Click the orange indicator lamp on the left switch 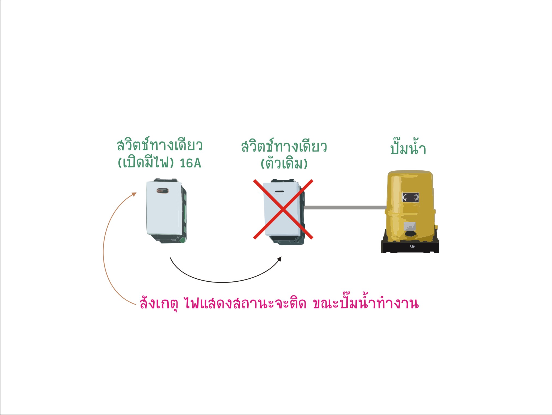coord(163,191)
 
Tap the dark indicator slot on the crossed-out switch coord(279,191)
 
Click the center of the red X coord(283,209)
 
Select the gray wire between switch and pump coord(345,207)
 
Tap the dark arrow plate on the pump coord(410,197)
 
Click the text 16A coord(190,163)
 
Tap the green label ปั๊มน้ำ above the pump coord(408,147)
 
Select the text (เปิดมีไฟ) coord(146,163)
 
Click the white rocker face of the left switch coord(163,208)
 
